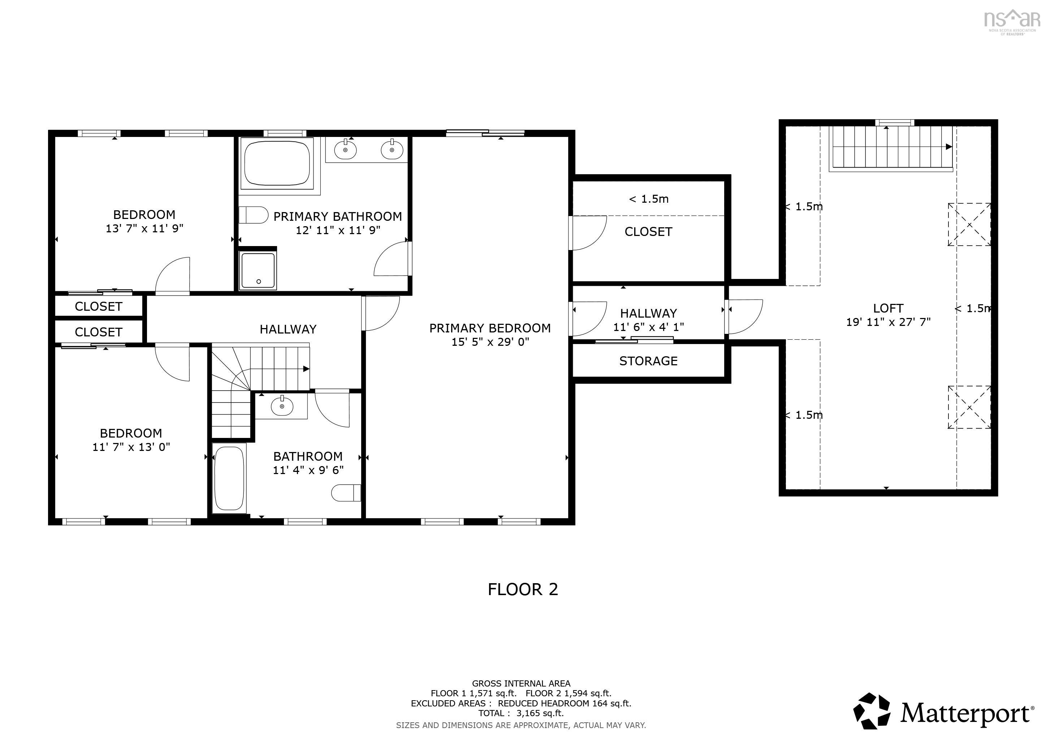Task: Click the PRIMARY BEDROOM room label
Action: point(490,328)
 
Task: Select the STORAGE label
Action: point(648,361)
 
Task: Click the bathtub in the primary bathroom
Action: point(277,163)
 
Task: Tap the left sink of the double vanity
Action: point(345,149)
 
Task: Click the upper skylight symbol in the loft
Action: point(969,224)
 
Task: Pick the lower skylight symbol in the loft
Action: point(969,407)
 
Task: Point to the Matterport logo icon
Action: point(872,710)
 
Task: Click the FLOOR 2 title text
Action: point(523,589)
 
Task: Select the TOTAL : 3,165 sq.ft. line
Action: point(521,713)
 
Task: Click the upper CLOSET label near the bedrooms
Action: point(98,306)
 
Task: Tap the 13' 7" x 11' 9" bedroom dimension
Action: point(144,228)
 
